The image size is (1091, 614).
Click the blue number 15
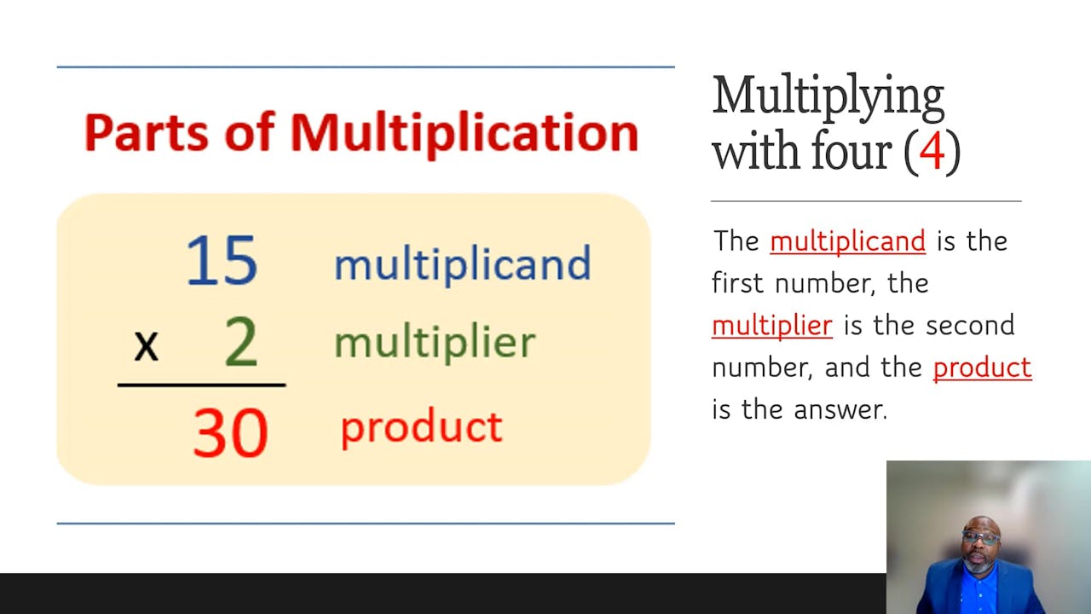coord(222,259)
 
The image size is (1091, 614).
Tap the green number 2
coord(240,343)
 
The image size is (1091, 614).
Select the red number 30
coord(230,432)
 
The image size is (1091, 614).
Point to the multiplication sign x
coord(147,345)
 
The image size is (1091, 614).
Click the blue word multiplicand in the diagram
coord(462,264)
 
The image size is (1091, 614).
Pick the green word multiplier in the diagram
coord(435,343)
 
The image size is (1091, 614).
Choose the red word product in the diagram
coord(421,427)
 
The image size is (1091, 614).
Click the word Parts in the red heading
coord(148,133)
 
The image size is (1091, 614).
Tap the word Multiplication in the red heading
coord(464,133)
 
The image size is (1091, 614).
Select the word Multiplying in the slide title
coord(828,98)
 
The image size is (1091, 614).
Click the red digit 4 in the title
coord(932,152)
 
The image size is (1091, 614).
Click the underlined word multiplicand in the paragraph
coord(847,241)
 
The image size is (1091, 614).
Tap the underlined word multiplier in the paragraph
coord(771,326)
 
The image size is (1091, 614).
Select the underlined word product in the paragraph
coord(982,368)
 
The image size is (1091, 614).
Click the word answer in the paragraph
coord(840,410)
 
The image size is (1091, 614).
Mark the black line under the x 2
coord(201,385)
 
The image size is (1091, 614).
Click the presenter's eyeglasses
coord(981,538)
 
